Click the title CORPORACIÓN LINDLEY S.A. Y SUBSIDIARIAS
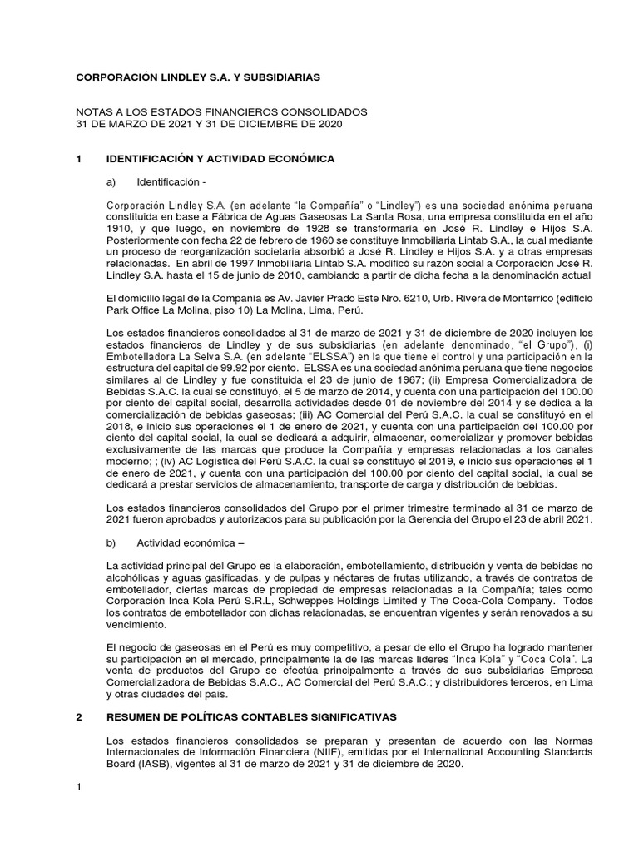(x=197, y=77)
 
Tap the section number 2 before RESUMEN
(x=79, y=716)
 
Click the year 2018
(x=121, y=427)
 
